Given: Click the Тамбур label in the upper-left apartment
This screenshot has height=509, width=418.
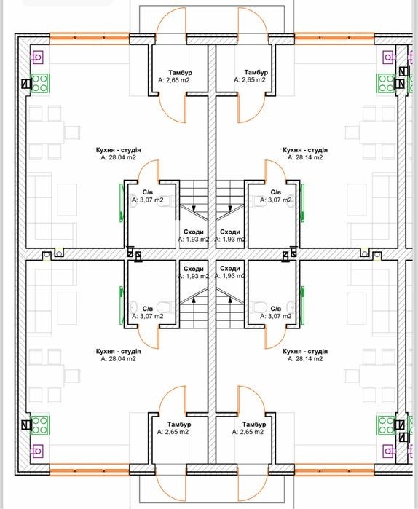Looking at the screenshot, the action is [x=180, y=72].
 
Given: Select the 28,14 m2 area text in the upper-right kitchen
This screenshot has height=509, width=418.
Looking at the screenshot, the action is [x=305, y=157].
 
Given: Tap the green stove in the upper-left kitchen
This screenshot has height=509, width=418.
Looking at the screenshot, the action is [x=40, y=84].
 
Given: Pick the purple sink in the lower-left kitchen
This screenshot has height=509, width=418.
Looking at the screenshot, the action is [x=36, y=451].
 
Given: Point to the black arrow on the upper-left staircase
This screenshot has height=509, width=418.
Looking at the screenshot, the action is [x=194, y=208].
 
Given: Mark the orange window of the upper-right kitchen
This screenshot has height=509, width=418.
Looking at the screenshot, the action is [x=334, y=38].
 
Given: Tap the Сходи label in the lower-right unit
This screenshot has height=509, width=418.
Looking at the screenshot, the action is [x=230, y=269].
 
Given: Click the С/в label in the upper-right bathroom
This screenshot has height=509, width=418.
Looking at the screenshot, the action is [x=276, y=192].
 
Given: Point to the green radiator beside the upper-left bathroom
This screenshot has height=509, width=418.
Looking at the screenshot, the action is [x=122, y=202].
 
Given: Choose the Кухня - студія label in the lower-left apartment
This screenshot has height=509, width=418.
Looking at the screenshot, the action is [x=118, y=351].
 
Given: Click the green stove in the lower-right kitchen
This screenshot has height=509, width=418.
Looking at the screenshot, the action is [x=386, y=425].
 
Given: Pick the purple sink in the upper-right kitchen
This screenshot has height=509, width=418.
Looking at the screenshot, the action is [x=389, y=57].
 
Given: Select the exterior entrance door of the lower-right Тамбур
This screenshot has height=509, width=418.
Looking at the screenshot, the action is [x=253, y=485].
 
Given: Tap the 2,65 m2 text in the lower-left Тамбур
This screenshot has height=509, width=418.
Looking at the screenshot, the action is [x=173, y=432].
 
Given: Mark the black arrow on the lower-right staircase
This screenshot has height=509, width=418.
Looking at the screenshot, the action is [x=230, y=300].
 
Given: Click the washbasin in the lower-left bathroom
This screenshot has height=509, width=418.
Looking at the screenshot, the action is [x=133, y=307].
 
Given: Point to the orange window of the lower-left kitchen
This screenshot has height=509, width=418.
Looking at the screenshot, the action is [x=90, y=470].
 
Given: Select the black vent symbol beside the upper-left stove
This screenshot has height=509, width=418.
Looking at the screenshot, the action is [x=26, y=84].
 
